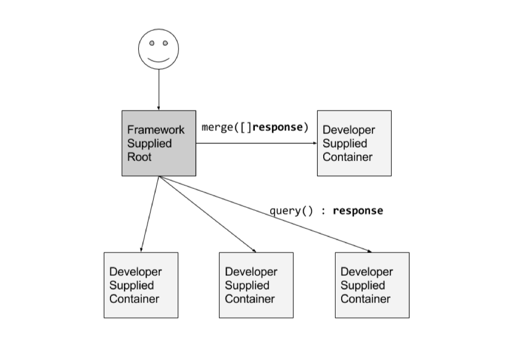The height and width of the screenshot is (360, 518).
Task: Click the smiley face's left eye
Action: click(x=152, y=43)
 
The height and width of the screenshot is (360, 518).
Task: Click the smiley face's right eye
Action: click(x=165, y=43)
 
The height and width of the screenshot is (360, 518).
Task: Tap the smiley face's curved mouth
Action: click(x=158, y=60)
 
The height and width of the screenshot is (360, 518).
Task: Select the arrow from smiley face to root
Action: click(x=159, y=89)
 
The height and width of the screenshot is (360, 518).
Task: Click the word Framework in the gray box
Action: click(x=156, y=130)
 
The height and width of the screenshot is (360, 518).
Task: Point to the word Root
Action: click(x=139, y=157)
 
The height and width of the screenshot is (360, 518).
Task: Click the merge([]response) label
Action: click(x=255, y=127)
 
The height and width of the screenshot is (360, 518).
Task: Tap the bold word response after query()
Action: click(x=358, y=210)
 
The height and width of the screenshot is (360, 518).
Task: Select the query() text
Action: click(x=291, y=210)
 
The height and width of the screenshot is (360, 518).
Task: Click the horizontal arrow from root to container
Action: click(x=256, y=143)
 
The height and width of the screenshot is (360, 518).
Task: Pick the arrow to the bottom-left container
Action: click(x=150, y=214)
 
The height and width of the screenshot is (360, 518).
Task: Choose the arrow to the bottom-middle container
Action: click(x=208, y=214)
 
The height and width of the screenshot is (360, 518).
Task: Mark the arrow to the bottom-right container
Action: click(x=265, y=214)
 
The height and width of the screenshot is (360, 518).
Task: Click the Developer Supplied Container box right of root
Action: click(x=354, y=143)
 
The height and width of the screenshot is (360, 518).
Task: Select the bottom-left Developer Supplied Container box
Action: click(x=141, y=285)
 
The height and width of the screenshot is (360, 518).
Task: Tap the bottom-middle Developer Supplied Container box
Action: click(x=256, y=285)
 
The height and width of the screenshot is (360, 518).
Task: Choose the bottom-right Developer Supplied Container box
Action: click(x=372, y=285)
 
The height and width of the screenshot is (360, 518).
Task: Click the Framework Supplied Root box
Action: click(x=159, y=143)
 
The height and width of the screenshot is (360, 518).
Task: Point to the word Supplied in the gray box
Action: click(x=150, y=143)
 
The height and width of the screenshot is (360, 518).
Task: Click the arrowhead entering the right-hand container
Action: click(x=315, y=143)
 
